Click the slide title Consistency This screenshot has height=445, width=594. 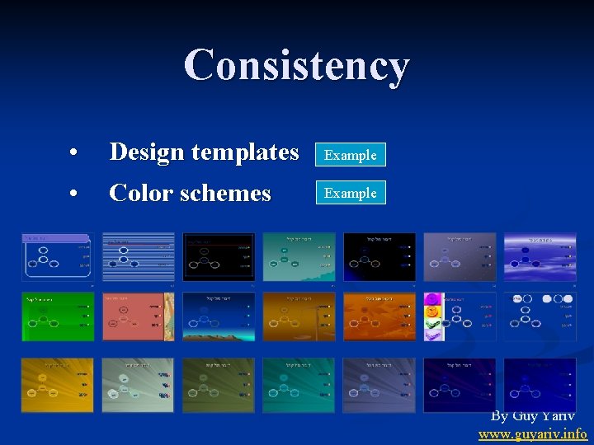[297, 65]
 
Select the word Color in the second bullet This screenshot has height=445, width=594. [137, 194]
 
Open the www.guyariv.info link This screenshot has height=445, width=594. [533, 433]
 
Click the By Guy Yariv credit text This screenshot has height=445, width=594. [533, 416]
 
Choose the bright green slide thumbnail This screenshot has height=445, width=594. [57, 316]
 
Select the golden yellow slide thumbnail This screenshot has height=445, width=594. [57, 384]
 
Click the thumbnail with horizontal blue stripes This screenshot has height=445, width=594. [138, 256]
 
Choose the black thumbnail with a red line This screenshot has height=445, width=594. [219, 256]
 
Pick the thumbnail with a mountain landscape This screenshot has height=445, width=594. [219, 316]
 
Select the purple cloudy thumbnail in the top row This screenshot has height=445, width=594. [540, 256]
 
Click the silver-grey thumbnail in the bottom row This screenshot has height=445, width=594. [138, 384]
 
